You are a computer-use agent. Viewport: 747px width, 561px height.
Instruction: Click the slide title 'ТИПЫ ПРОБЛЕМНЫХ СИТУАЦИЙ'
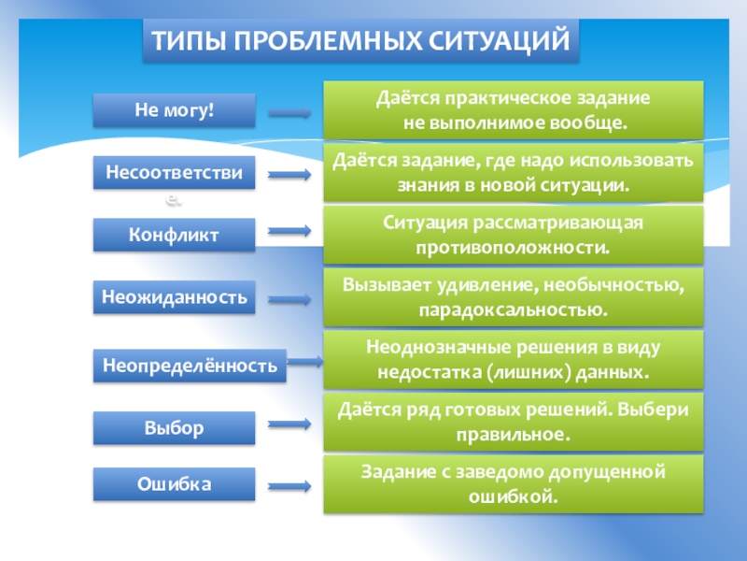(360, 42)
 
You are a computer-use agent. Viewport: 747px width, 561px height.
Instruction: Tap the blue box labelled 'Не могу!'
(174, 111)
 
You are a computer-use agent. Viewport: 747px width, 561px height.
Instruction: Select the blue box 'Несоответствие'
(174, 174)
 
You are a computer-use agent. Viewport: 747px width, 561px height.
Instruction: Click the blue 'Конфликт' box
(174, 236)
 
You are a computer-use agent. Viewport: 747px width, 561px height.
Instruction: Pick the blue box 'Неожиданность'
(174, 298)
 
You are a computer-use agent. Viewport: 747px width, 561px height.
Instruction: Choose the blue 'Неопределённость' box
(190, 366)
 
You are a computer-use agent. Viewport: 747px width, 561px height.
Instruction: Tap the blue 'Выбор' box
(174, 428)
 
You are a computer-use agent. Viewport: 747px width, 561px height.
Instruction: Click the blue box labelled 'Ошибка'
(174, 484)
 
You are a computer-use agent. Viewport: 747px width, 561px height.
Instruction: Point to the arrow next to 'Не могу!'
(289, 114)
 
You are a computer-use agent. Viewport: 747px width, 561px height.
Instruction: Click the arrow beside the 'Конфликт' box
(289, 230)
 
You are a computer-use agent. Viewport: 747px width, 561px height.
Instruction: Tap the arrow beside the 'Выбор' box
(289, 423)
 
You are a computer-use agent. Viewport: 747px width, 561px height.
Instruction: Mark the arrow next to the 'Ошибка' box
(289, 486)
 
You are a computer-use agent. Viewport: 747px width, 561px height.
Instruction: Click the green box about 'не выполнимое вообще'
(513, 110)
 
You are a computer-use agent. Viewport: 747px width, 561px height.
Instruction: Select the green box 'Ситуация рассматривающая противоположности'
(513, 234)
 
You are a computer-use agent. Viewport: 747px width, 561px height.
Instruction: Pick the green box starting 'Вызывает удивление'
(513, 296)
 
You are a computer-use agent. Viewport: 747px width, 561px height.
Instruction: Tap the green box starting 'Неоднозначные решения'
(513, 360)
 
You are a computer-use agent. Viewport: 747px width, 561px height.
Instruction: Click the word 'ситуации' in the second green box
(578, 185)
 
